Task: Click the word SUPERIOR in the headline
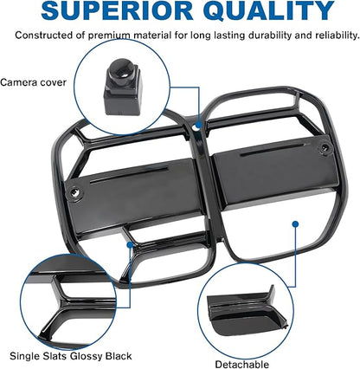click(x=117, y=10)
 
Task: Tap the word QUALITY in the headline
click(x=268, y=11)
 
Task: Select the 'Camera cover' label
click(x=33, y=82)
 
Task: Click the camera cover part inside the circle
click(x=123, y=87)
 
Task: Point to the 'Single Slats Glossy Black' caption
click(x=71, y=356)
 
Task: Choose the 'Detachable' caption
click(x=242, y=364)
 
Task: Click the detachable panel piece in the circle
click(x=247, y=310)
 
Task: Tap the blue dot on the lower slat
click(x=130, y=245)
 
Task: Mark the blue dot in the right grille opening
click(x=295, y=223)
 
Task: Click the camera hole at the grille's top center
click(x=198, y=126)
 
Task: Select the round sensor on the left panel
click(x=74, y=192)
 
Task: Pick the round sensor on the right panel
click(x=325, y=148)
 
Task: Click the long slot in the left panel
click(x=129, y=174)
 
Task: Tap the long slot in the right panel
click(x=273, y=149)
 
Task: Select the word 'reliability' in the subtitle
click(x=337, y=36)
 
